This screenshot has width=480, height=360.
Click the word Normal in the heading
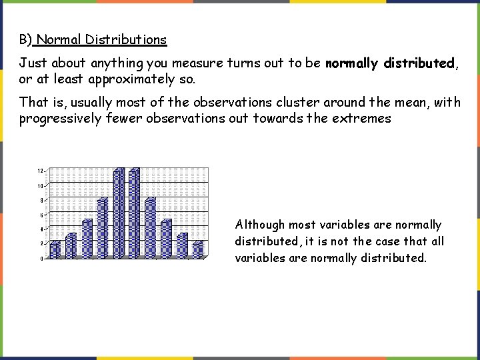(x=59, y=40)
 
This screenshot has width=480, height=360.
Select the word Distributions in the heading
(x=125, y=40)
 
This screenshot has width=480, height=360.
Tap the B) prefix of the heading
(x=25, y=40)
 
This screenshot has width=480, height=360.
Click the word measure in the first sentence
(x=197, y=63)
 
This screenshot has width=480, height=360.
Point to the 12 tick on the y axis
(x=40, y=171)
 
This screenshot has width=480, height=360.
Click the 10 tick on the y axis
(x=40, y=185)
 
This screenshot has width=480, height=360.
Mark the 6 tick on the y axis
(x=41, y=215)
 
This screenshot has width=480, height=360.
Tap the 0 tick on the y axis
(x=41, y=259)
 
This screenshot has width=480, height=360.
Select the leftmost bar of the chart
(x=55, y=249)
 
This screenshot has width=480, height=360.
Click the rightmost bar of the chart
(x=198, y=249)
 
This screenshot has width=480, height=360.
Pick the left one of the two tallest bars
(x=119, y=213)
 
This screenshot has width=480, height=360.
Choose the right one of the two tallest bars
(x=134, y=213)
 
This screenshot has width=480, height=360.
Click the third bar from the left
(x=87, y=238)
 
